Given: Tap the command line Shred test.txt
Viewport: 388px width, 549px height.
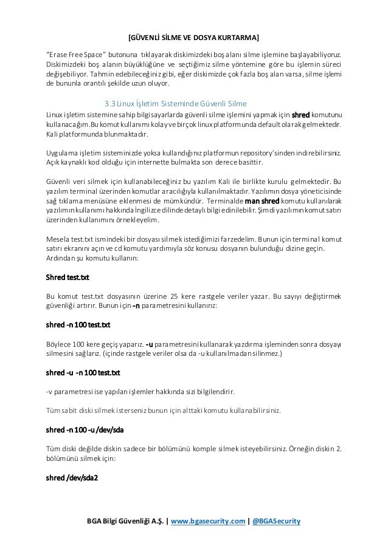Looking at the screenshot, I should pyautogui.click(x=68, y=278).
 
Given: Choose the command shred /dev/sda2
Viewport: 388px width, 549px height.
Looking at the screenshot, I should pyautogui.click(x=72, y=477).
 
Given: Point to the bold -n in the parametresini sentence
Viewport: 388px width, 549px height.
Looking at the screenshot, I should pyautogui.click(x=137, y=307).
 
